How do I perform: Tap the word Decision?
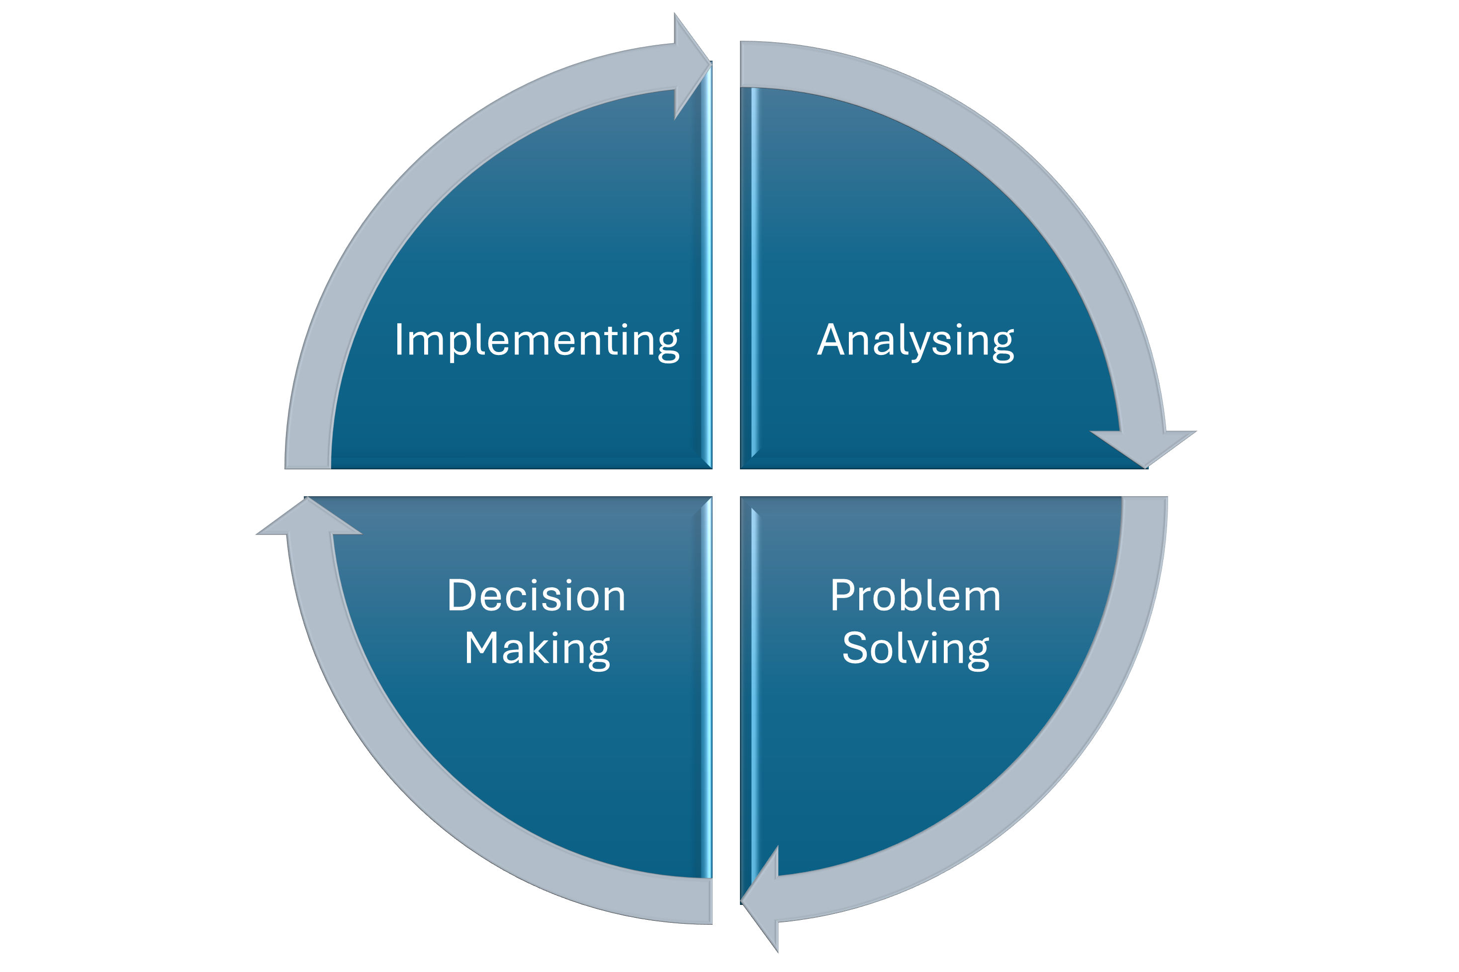point(537,596)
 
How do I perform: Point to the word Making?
point(537,649)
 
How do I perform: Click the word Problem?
point(915,596)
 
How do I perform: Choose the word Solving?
point(915,649)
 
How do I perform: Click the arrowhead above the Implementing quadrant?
point(690,65)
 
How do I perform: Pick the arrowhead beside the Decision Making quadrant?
point(308,518)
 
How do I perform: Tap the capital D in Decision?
point(461,596)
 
